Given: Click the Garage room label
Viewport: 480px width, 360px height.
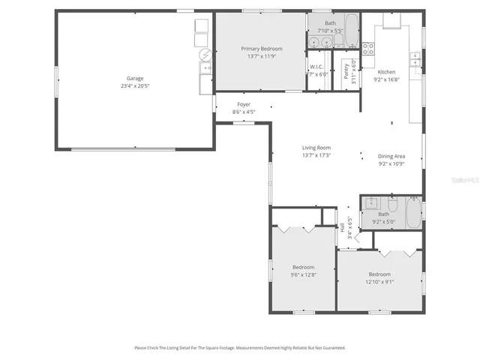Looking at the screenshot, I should pyautogui.click(x=135, y=78).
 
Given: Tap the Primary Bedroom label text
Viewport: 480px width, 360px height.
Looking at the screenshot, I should pyautogui.click(x=261, y=49).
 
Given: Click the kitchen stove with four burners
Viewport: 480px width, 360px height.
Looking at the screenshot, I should pyautogui.click(x=368, y=49).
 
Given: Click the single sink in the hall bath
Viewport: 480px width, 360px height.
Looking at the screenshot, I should pyautogui.click(x=371, y=202).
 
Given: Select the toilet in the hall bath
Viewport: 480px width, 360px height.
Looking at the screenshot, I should pyautogui.click(x=392, y=203).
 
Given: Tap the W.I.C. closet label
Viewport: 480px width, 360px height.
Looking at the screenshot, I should pyautogui.click(x=316, y=67).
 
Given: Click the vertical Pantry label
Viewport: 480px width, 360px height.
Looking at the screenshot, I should pyautogui.click(x=346, y=71).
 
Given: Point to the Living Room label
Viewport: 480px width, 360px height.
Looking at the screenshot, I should pyautogui.click(x=316, y=148).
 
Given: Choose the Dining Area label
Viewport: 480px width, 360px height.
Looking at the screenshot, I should pyautogui.click(x=391, y=156).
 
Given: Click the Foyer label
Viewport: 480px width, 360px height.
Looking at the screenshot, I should pyautogui.click(x=244, y=105).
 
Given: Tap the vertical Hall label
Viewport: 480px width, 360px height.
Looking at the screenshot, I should pyautogui.click(x=342, y=226).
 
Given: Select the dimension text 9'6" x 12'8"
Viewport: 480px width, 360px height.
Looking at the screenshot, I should pyautogui.click(x=303, y=274).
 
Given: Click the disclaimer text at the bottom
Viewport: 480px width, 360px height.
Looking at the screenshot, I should pyautogui.click(x=240, y=347).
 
